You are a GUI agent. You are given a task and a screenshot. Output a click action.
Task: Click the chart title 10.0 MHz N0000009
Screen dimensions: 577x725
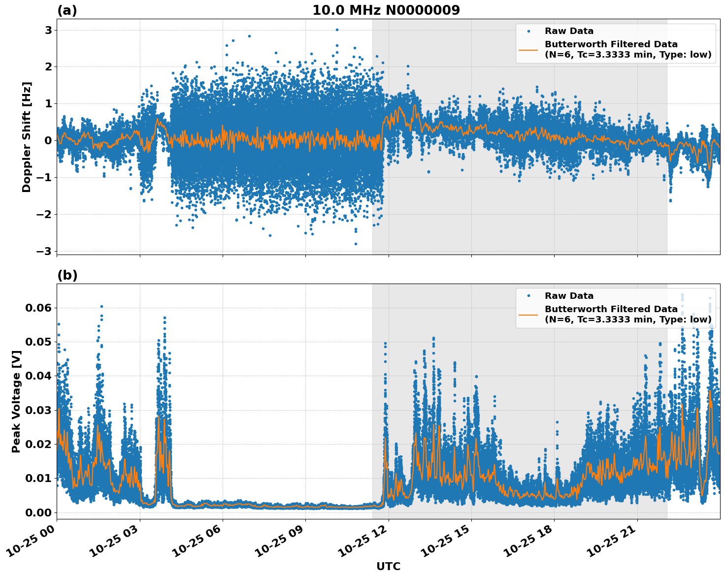tap(386, 10)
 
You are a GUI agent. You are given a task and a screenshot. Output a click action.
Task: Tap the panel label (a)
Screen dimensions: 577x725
tap(67, 10)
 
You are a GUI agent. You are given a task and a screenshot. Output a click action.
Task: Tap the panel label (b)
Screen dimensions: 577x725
tap(67, 275)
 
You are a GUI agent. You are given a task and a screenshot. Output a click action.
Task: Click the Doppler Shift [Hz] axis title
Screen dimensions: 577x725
tap(27, 137)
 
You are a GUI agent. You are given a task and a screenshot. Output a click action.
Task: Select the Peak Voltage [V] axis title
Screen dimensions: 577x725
tap(16, 401)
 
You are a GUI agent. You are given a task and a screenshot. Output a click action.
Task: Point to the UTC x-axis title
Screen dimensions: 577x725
tap(388, 566)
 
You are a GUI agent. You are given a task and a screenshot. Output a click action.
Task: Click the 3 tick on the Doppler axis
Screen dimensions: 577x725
tap(49, 30)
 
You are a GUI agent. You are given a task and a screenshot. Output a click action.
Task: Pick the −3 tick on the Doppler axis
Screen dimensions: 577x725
tap(44, 251)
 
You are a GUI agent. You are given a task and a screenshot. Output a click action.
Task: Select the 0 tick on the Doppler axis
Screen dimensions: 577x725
tap(49, 140)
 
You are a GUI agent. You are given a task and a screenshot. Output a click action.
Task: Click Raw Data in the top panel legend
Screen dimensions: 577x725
tap(569, 32)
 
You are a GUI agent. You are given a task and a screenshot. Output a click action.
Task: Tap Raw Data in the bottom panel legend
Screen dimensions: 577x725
tap(569, 296)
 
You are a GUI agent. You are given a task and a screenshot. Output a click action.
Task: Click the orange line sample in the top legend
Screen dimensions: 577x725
tap(528, 49)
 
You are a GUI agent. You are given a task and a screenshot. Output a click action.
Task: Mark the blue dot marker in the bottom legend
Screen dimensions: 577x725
tap(528, 296)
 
